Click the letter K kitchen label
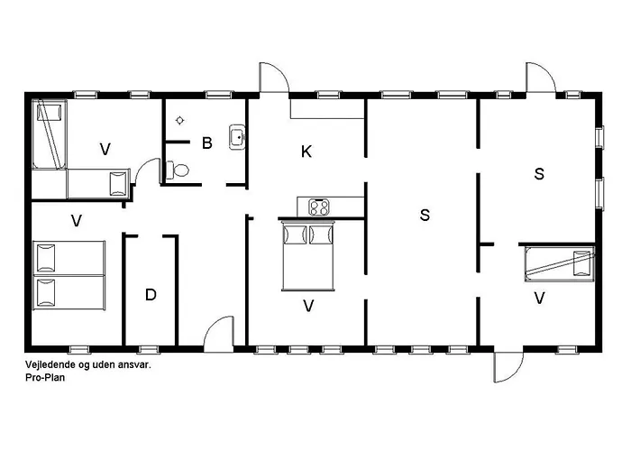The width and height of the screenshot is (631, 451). coord(306,152)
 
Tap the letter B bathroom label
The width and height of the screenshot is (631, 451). coord(206,143)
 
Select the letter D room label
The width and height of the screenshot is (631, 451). coord(151,295)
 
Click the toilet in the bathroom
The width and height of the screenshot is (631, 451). coord(177,170)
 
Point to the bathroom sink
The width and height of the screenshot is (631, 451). coord(237,137)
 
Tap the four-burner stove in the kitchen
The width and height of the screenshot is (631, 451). coord(319,207)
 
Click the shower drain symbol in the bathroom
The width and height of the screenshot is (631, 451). coord(180,120)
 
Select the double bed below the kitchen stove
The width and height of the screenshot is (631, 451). coord(308,255)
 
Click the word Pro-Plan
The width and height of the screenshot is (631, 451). coord(45,378)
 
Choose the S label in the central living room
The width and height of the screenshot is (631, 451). coord(425,215)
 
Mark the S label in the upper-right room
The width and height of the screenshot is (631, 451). coord(539,174)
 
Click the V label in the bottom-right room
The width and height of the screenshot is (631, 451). coord(539,299)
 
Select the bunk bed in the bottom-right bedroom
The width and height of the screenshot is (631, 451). coord(559,264)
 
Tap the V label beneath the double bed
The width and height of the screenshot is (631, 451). coord(308,306)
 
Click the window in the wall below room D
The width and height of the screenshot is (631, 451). coord(149,349)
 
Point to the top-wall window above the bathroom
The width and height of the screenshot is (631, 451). coord(219,95)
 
